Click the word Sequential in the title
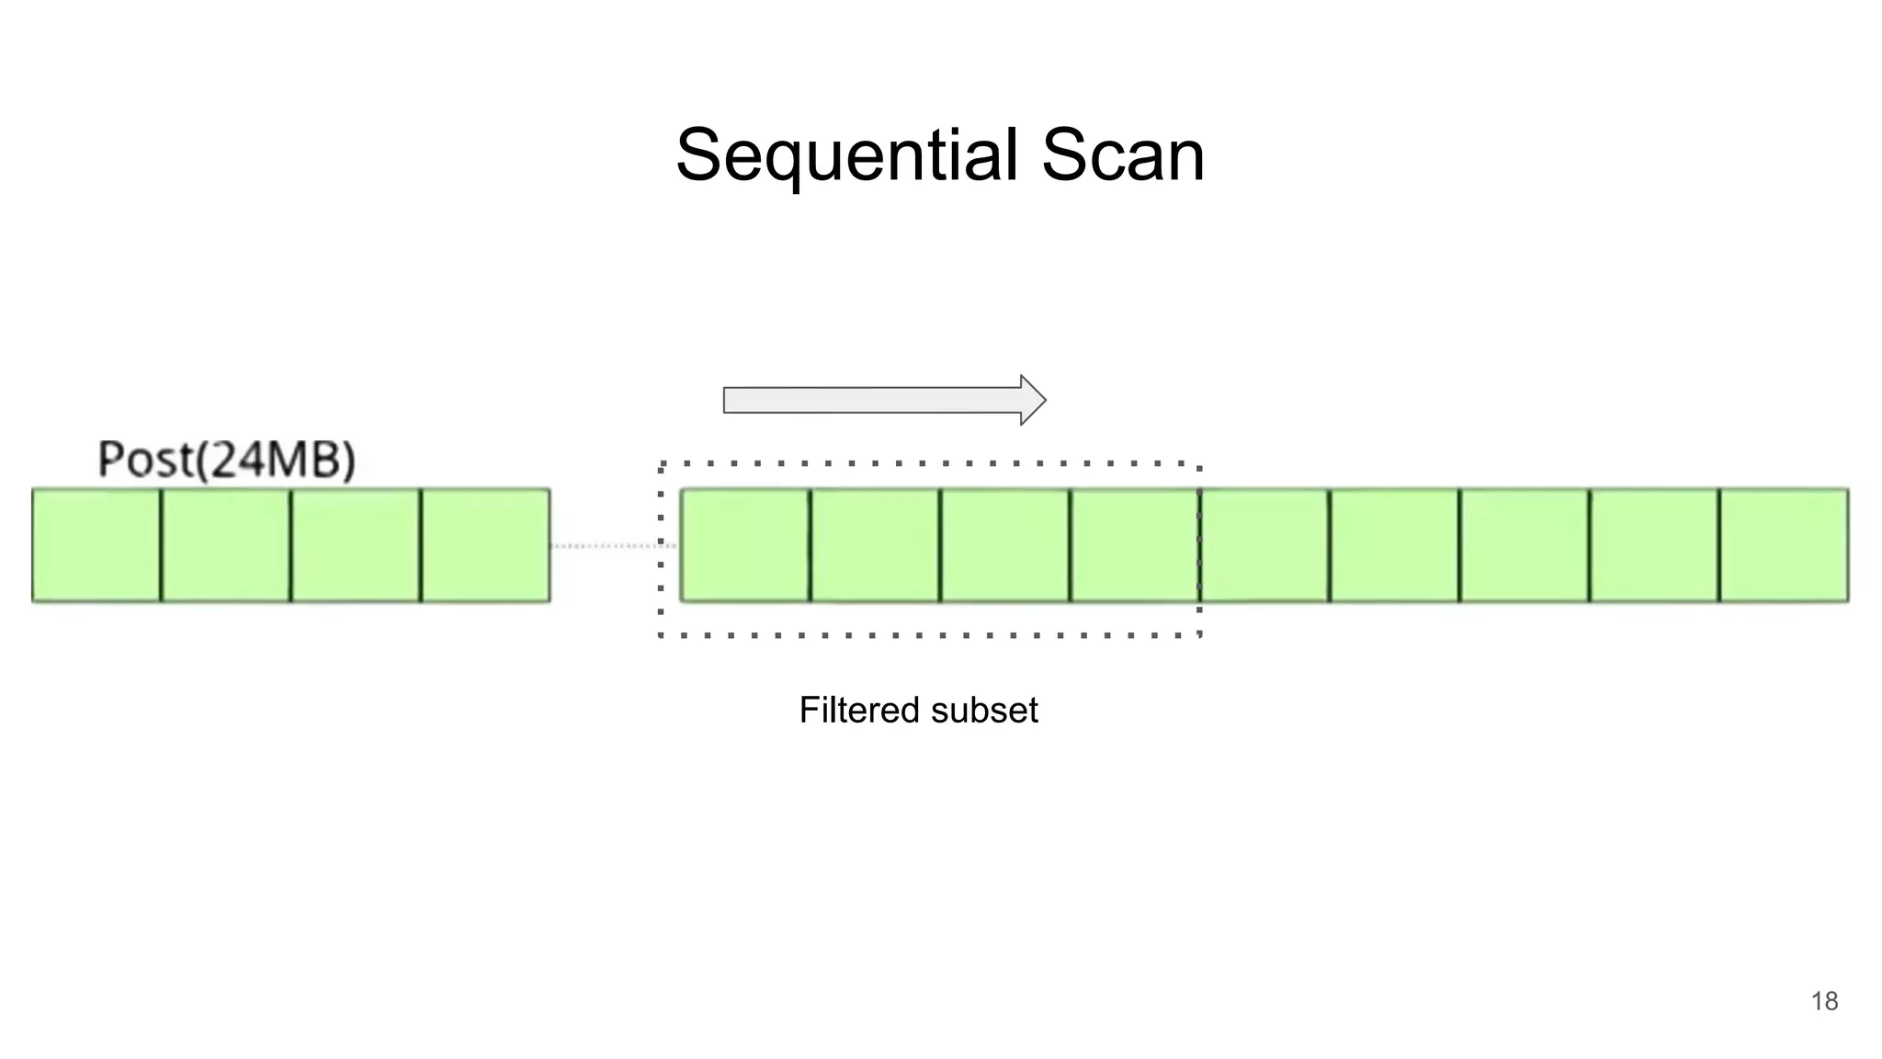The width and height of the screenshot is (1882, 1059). [846, 155]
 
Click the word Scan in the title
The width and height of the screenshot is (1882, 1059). [1122, 155]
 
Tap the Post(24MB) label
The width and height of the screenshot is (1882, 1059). [226, 460]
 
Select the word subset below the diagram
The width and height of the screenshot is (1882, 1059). [984, 711]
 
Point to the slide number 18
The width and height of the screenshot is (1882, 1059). [1824, 1001]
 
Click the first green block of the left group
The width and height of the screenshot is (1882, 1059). [96, 546]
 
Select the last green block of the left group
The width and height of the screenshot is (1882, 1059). [486, 546]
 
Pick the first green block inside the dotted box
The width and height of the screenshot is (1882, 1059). [745, 546]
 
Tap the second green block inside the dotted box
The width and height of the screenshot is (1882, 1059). [876, 546]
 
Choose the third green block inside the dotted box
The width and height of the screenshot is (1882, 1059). [1005, 546]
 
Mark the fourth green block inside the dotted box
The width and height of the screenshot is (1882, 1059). [1135, 546]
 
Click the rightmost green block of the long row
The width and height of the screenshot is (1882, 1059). [1784, 546]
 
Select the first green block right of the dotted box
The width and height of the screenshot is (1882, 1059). [1265, 546]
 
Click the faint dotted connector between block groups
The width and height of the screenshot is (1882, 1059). [615, 546]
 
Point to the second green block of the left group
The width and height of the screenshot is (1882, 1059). [226, 546]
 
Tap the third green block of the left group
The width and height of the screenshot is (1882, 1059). [356, 546]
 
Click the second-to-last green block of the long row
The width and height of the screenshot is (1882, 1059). [1654, 546]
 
